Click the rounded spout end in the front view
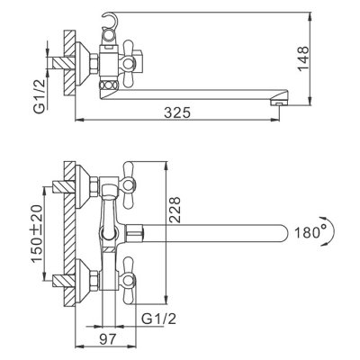tap(278, 231)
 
